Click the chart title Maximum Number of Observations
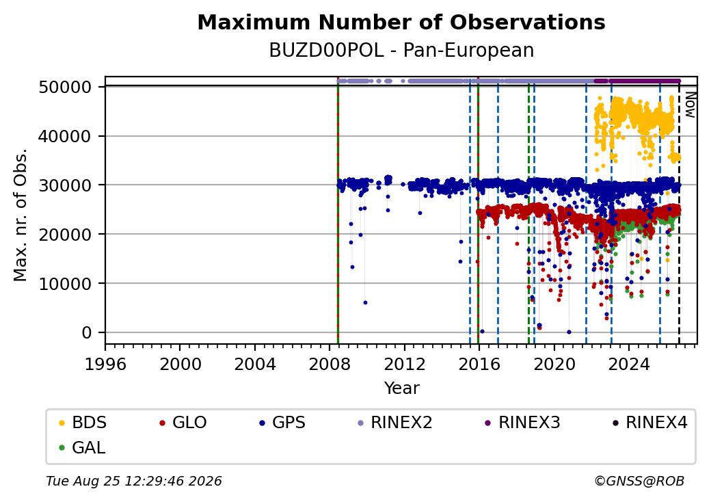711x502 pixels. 401,22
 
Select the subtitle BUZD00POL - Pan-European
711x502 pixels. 401,51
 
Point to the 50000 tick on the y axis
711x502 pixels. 66,87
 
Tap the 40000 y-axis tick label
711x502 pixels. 66,136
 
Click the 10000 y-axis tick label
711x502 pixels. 66,283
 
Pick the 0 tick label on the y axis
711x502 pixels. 87,333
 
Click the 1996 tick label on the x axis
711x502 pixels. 105,364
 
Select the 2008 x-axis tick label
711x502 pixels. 330,364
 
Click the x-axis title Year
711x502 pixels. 402,388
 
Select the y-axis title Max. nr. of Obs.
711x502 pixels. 21,215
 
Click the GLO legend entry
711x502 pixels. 183,423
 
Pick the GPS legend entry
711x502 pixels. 282,423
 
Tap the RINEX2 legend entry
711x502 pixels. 395,423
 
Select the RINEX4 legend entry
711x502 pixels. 649,423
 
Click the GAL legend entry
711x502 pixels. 83,447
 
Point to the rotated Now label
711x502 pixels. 690,105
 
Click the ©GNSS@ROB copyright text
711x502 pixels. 639,481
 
